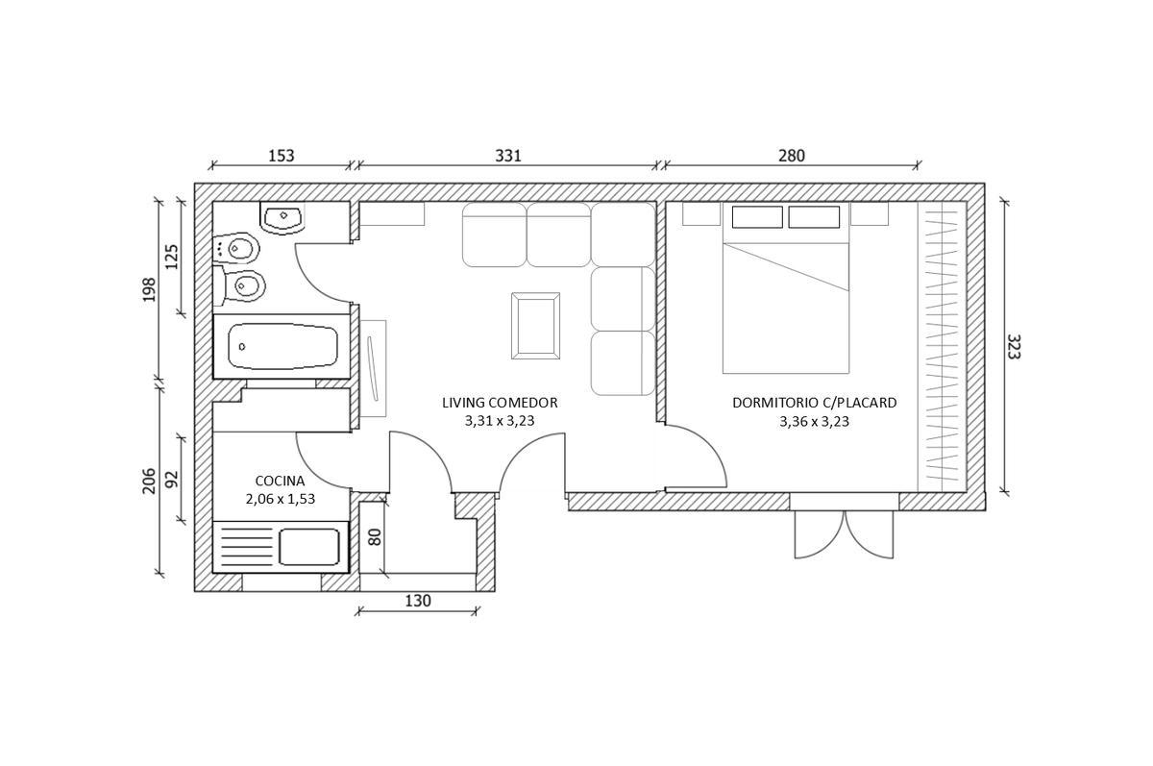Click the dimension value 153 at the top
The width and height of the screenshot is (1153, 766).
click(281, 156)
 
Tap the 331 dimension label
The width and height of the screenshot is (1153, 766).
click(508, 156)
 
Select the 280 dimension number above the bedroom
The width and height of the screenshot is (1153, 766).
click(791, 156)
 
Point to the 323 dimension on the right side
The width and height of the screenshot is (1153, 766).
click(1013, 346)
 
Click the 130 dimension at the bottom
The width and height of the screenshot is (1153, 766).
click(417, 601)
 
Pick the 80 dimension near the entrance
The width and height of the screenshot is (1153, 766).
click(376, 537)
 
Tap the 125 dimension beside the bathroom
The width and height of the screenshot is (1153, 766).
click(171, 257)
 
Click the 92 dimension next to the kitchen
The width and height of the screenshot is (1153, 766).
click(171, 479)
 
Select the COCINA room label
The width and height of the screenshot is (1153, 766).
click(280, 481)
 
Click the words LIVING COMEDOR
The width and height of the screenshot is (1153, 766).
click(500, 403)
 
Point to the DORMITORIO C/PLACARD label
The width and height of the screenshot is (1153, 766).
click(815, 403)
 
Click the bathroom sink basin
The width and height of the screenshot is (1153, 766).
click(282, 217)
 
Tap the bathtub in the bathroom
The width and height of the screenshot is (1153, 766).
click(282, 346)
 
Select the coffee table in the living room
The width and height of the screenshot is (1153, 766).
click(536, 326)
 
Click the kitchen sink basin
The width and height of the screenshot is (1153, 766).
click(309, 547)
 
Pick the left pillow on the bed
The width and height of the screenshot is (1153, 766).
click(757, 217)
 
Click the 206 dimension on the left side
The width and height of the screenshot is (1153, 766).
click(149, 481)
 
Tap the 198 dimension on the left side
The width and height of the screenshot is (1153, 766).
click(149, 290)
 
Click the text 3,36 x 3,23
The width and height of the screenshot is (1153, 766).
click(815, 422)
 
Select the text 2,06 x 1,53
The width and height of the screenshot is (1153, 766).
click(280, 499)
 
